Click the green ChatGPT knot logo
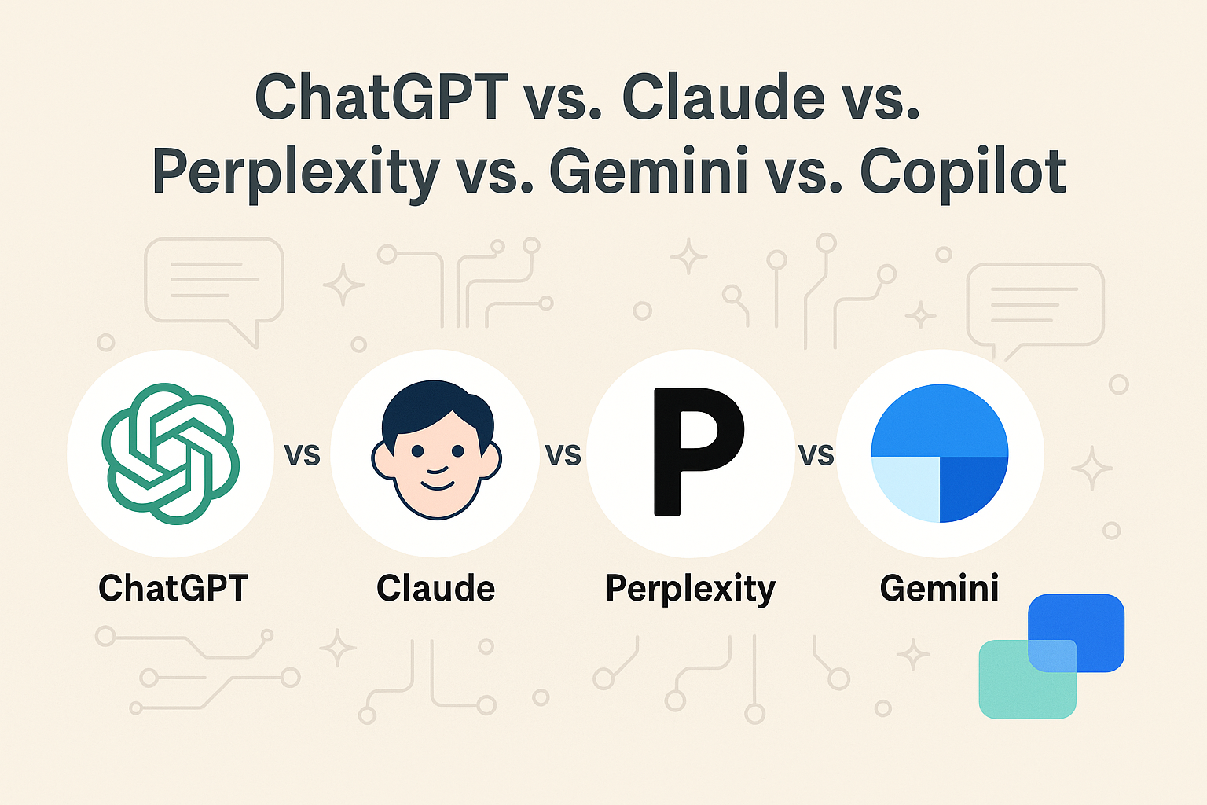(171, 454)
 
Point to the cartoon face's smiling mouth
(437, 481)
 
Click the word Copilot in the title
(963, 171)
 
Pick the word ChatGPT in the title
(382, 97)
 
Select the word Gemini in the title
(648, 171)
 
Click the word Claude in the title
(724, 97)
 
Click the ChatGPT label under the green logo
(173, 588)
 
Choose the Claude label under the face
(435, 588)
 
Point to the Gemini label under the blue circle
(939, 588)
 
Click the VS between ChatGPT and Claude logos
(303, 455)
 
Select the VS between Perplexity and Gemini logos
(816, 455)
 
